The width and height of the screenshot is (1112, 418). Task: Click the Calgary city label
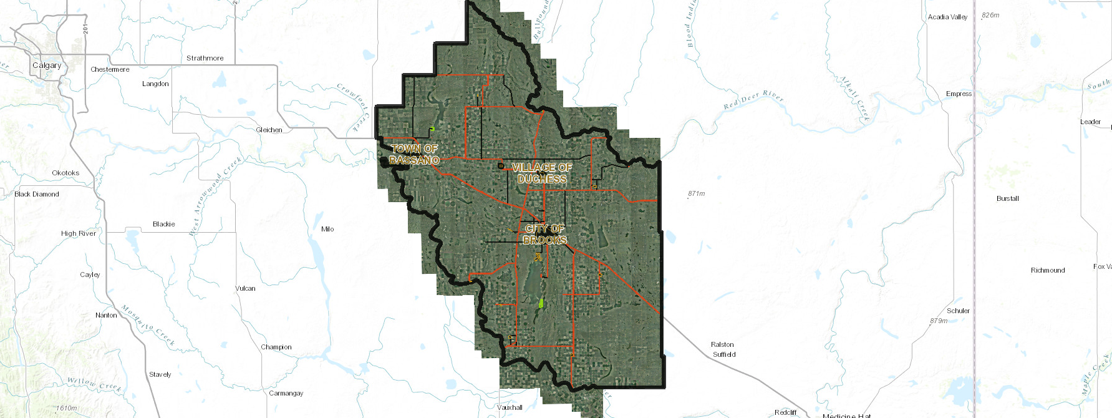point(47,66)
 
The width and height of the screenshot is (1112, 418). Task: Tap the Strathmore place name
point(205,58)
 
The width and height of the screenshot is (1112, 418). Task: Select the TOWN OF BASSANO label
point(414,154)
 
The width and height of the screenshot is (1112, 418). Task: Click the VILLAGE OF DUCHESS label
point(542,173)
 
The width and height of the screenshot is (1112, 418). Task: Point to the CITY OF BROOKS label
point(544,234)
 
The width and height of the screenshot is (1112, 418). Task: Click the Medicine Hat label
point(846,415)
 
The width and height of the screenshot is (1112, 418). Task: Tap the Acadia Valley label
point(947,17)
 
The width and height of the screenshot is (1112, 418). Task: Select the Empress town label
point(959,94)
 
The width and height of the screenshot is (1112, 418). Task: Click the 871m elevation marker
point(697,193)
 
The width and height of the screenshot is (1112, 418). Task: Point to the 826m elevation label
point(990,15)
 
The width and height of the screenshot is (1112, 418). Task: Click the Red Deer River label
point(753,99)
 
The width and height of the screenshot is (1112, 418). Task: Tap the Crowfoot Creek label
point(354,107)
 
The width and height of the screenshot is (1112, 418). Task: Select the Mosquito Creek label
point(148,325)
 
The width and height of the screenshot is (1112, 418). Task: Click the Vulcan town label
point(245,288)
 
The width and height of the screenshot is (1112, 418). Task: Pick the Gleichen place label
point(269,130)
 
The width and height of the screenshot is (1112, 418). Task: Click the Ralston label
point(722,344)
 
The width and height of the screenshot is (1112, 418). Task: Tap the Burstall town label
point(1007,198)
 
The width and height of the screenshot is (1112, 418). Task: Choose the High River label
point(79,233)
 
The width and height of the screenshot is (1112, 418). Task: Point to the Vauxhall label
point(510,407)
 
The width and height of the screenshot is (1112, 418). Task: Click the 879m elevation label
point(939,321)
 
